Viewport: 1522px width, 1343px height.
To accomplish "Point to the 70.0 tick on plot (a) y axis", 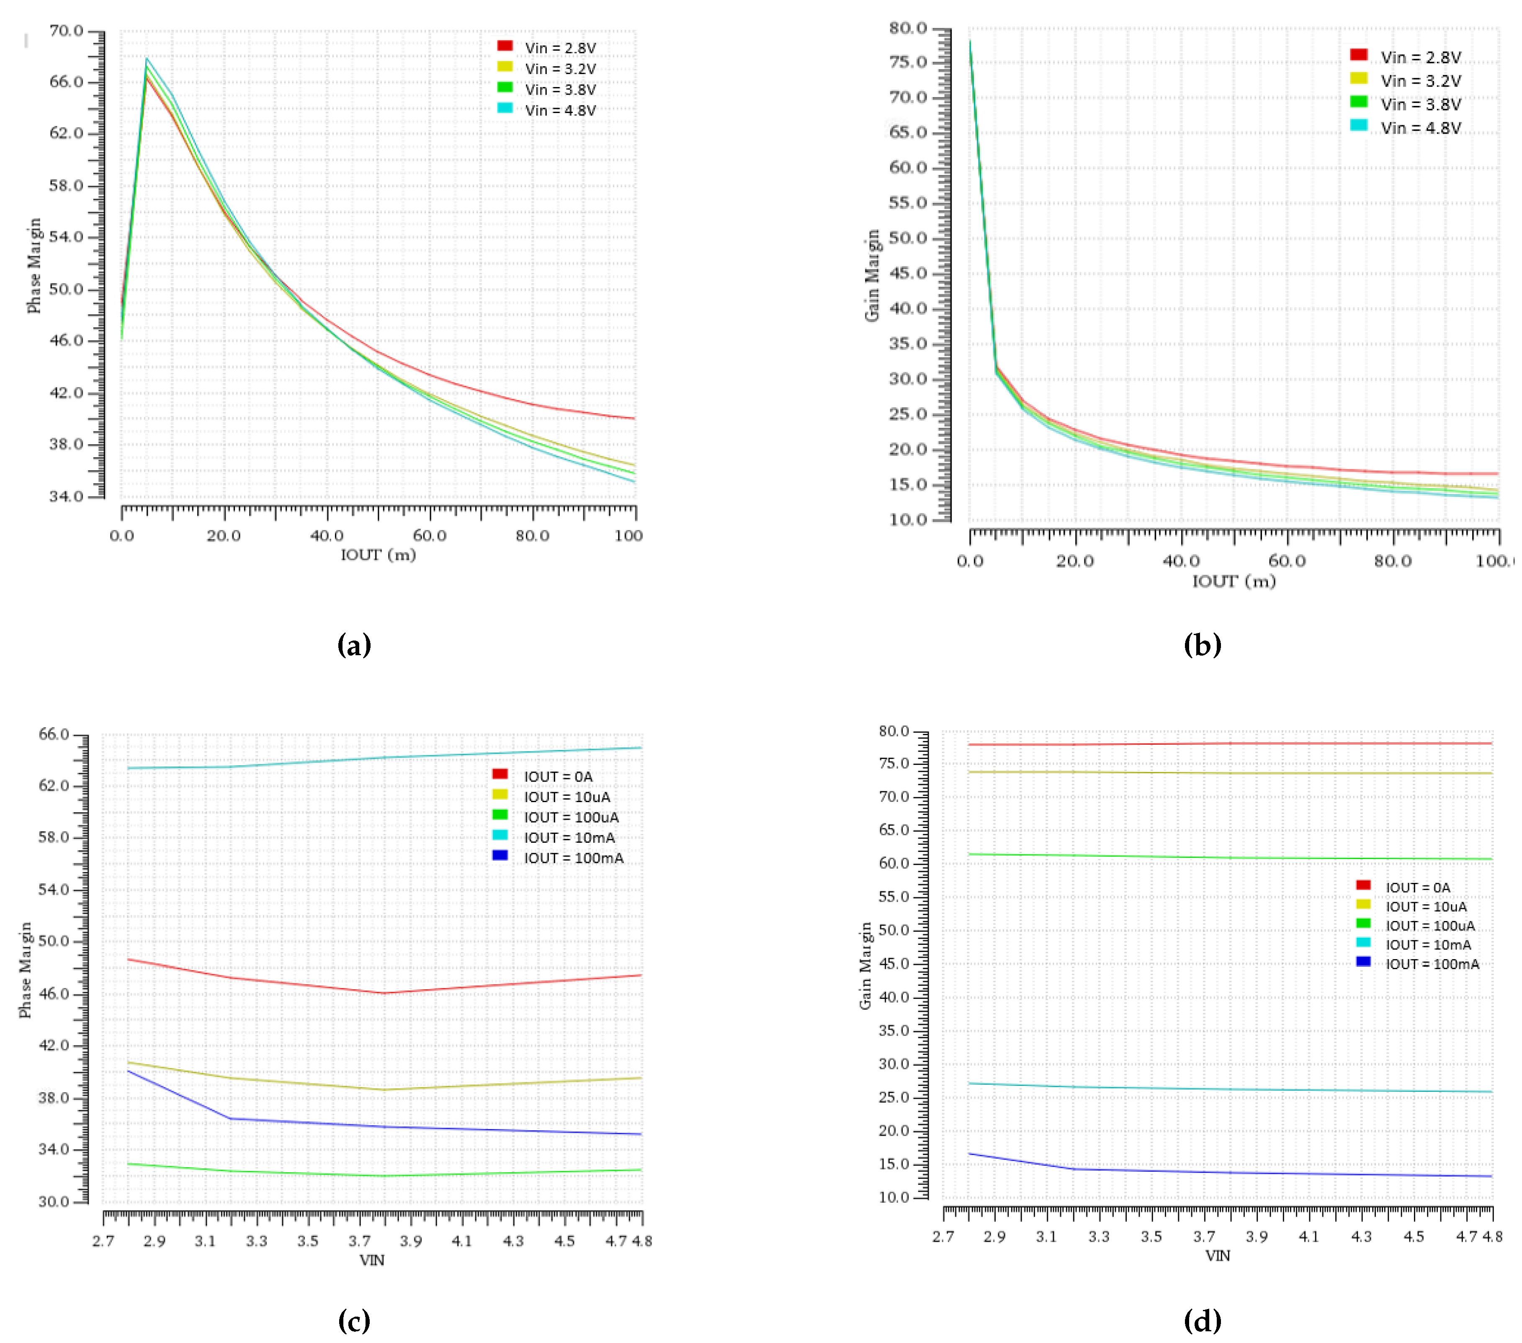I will pyautogui.click(x=66, y=31).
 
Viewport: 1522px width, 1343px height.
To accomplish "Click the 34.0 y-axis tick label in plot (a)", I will pyautogui.click(x=66, y=496).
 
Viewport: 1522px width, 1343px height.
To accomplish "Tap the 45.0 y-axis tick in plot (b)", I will pyautogui.click(x=909, y=273).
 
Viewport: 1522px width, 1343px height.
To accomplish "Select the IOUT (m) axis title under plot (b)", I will pyautogui.click(x=1234, y=581).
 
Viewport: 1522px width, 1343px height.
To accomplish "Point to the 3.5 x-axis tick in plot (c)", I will pyautogui.click(x=307, y=1241).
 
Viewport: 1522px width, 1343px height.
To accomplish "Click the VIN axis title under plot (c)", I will pyautogui.click(x=371, y=1260).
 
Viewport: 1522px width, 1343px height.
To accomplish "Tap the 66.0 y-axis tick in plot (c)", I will pyautogui.click(x=54, y=734).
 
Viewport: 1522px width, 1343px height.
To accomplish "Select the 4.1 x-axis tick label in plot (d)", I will pyautogui.click(x=1308, y=1237).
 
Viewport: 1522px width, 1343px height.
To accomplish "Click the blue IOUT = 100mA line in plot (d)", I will pyautogui.click(x=1266, y=1173).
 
